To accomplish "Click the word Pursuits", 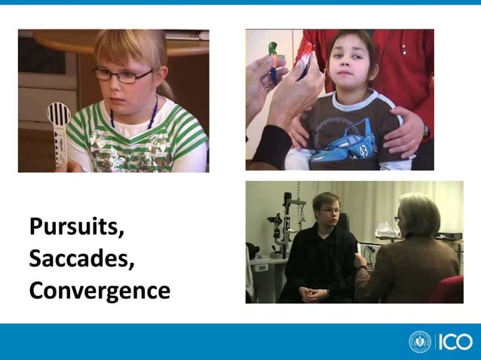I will [76, 227].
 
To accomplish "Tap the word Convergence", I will [100, 291].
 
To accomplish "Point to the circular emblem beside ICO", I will [420, 341].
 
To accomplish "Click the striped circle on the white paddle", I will [59, 114].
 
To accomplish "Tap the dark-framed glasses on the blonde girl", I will [121, 75].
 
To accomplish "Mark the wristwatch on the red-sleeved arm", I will [427, 130].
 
